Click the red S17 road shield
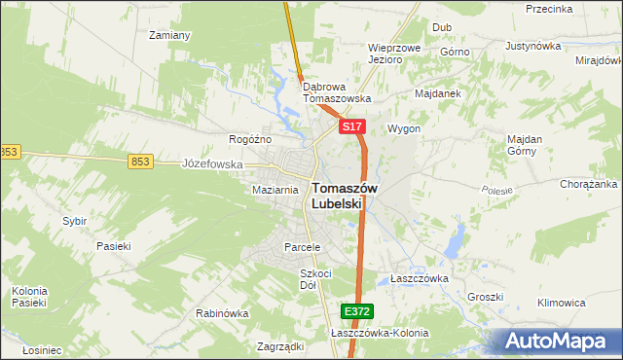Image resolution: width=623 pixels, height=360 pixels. (352, 127)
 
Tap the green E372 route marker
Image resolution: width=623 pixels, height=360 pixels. (356, 311)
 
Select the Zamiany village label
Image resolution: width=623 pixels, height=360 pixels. (168, 35)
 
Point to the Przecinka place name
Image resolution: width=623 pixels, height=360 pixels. (548, 9)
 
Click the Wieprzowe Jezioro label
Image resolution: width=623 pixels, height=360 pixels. (393, 53)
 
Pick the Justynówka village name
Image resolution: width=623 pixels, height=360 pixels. (535, 46)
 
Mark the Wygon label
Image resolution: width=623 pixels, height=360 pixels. (404, 128)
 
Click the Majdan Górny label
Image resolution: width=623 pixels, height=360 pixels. (524, 144)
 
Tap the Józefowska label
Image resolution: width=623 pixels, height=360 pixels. (212, 164)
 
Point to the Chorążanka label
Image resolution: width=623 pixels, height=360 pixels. (589, 184)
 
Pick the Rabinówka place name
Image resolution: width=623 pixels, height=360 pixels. (222, 314)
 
